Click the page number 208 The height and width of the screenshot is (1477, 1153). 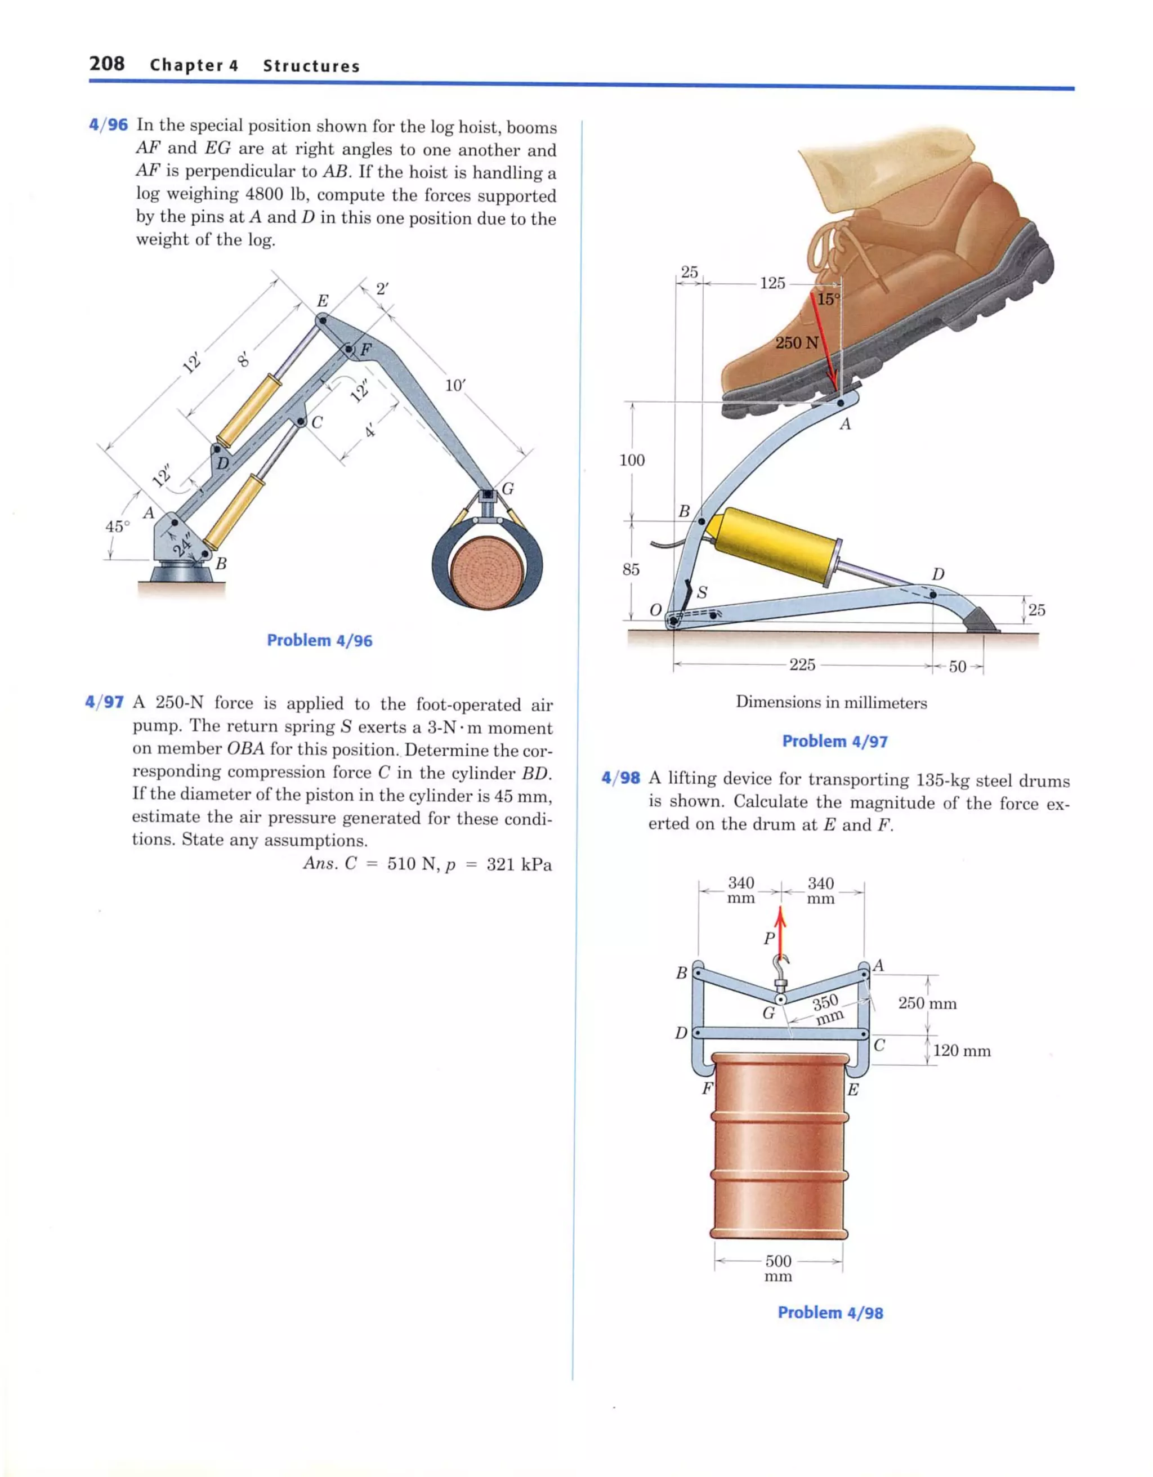(107, 64)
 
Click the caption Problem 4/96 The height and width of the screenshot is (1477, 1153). (319, 640)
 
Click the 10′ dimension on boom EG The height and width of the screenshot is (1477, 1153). (455, 386)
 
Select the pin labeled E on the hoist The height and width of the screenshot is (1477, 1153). (323, 320)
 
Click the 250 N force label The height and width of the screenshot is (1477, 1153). (796, 343)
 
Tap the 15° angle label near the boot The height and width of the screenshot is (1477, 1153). (828, 300)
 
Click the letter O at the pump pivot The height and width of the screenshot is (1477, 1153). (655, 609)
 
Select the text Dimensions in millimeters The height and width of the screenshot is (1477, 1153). (831, 702)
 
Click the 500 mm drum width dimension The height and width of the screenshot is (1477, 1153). (779, 1268)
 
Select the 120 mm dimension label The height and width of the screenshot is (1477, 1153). (962, 1050)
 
